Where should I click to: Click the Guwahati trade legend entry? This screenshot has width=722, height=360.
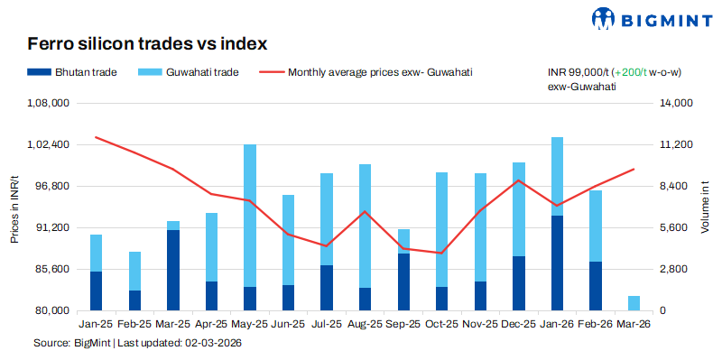pos(189,71)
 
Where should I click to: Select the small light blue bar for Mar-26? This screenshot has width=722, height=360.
pos(634,303)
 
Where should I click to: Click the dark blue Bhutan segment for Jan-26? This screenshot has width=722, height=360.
pos(557,263)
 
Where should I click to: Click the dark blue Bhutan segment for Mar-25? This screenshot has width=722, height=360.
pos(172,270)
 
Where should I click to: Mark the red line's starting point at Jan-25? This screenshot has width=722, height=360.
pos(96,137)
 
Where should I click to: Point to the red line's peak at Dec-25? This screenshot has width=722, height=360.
pos(518,180)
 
